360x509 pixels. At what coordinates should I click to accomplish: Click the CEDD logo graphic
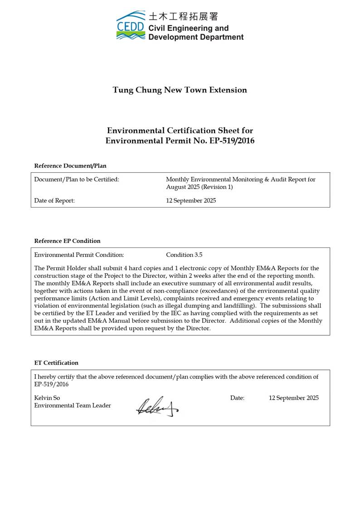[131, 25]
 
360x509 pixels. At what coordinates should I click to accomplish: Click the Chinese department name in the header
[183, 17]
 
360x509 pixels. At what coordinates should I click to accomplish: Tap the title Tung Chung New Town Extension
[180, 90]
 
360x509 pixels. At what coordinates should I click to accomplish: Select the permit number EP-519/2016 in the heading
[232, 141]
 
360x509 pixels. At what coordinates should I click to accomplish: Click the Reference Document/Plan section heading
[70, 166]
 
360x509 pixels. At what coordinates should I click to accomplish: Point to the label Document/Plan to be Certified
[77, 179]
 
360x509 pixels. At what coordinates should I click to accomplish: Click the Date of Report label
[54, 201]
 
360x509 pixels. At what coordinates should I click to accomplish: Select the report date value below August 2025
[191, 201]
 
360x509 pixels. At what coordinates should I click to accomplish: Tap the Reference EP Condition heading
[68, 241]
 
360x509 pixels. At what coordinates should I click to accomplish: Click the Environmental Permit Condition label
[79, 255]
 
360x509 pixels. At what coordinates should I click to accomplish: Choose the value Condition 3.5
[184, 255]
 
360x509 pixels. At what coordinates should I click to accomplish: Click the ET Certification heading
[56, 363]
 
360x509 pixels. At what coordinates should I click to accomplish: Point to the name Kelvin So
[47, 398]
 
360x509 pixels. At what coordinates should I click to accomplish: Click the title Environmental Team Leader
[73, 406]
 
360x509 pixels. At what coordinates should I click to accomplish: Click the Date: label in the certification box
[237, 398]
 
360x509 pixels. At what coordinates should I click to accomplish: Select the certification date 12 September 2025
[293, 398]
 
